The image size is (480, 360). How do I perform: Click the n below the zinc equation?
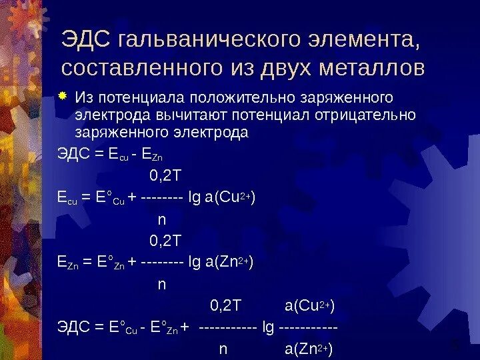point(161,284)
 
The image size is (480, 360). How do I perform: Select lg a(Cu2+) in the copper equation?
point(223,198)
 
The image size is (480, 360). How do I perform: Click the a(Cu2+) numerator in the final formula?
point(309,305)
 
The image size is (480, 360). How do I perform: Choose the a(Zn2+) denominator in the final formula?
point(309,349)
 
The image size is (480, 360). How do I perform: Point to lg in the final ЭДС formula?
point(268,327)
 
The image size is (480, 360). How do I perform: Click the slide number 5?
point(455,345)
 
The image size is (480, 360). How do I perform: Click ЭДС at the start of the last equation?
point(73,327)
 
